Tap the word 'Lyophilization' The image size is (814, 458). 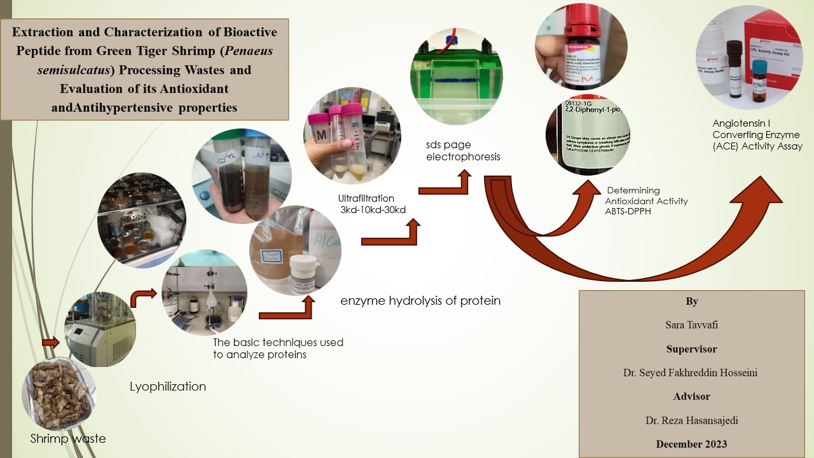coord(168,386)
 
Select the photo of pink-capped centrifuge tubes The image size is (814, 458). coord(352,135)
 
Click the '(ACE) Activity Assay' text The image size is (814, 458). coord(757,146)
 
